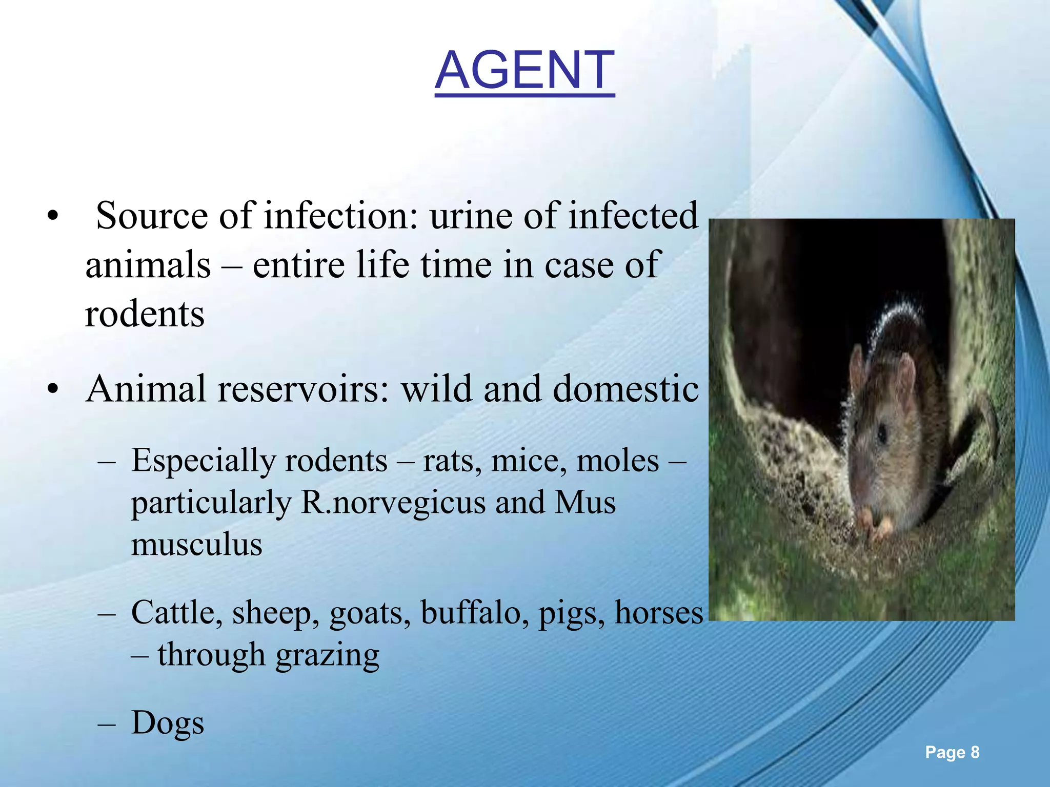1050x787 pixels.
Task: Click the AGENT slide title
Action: pos(524,70)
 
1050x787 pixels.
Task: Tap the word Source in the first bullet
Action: pos(151,216)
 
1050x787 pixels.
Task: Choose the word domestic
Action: pos(625,388)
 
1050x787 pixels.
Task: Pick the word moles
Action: pos(618,461)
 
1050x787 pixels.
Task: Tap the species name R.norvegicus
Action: pos(393,503)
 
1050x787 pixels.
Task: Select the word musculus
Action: pos(196,544)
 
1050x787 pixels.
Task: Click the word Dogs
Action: pos(168,722)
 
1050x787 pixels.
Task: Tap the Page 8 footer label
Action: pos(952,752)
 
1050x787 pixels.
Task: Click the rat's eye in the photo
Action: pos(882,434)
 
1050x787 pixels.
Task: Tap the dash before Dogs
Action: pos(107,723)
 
